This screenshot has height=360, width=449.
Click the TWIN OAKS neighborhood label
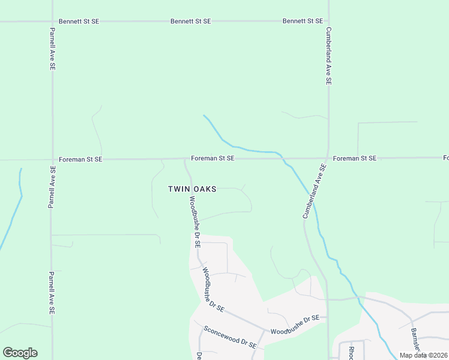click(191, 188)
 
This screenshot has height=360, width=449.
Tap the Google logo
click(20, 353)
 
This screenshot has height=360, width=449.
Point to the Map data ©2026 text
click(423, 355)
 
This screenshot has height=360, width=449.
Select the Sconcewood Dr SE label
click(230, 337)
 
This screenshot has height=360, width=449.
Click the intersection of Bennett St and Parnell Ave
click(52, 21)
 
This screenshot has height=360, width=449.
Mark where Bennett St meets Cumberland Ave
click(329, 21)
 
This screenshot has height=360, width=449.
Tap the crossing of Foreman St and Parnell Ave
click(52, 160)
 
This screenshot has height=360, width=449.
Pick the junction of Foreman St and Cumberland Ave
click(327, 158)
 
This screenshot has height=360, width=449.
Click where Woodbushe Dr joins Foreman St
click(185, 159)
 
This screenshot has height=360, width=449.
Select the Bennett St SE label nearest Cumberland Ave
click(303, 21)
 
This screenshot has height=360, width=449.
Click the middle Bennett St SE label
click(191, 21)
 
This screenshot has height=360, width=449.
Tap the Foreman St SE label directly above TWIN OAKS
click(212, 158)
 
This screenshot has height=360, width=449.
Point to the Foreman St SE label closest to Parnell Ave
click(80, 160)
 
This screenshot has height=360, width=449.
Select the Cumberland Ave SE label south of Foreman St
click(313, 191)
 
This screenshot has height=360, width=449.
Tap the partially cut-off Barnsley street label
click(417, 339)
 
